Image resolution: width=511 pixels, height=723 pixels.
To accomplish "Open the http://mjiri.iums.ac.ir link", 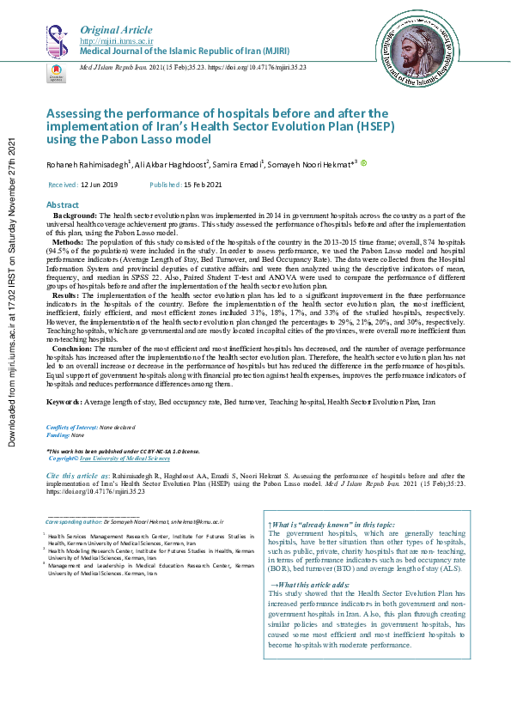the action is [116, 41].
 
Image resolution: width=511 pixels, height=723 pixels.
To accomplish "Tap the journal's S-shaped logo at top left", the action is [57, 39].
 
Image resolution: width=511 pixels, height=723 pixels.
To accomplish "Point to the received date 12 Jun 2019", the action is [100, 185].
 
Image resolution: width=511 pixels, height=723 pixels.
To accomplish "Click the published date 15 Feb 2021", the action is [202, 185].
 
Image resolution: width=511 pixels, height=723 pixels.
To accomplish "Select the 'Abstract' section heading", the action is [62, 205].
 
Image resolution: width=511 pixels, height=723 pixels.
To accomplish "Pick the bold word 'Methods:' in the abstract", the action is [70, 243].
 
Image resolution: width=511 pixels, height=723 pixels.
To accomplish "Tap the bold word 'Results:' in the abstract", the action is [69, 295].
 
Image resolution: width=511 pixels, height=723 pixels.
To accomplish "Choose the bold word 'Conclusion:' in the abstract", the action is [75, 349].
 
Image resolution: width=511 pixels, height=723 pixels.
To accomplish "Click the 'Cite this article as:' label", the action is [78, 475].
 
